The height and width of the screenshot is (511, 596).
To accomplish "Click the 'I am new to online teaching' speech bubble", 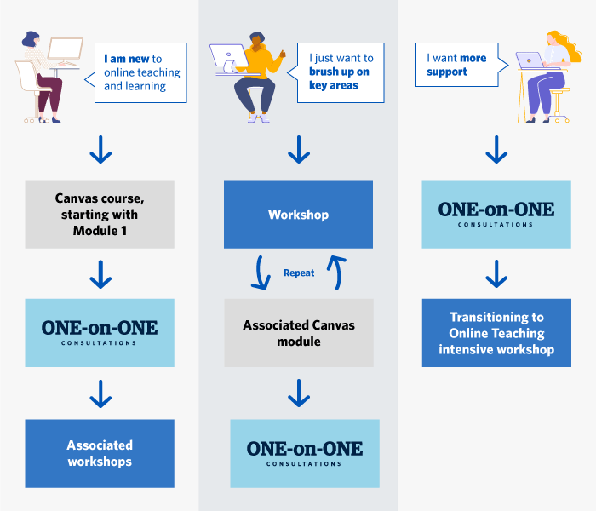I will click(140, 72).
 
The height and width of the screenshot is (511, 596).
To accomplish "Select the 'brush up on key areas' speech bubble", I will click(340, 72).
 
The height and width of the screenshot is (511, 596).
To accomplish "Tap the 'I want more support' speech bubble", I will click(460, 66).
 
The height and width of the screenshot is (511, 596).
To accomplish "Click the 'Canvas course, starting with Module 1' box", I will click(100, 215).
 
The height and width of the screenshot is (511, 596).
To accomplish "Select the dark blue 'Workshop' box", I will click(298, 215).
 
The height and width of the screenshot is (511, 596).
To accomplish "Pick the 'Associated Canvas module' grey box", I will click(298, 333).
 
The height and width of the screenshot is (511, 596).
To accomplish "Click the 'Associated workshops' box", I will click(100, 453).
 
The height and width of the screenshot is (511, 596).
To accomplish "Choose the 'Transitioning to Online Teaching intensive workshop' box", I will click(496, 333).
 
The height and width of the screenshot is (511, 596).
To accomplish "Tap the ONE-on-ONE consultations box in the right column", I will click(496, 215).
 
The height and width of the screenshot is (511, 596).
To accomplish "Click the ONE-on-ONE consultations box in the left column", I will click(100, 333).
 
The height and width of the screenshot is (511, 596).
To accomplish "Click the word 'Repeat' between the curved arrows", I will click(299, 273).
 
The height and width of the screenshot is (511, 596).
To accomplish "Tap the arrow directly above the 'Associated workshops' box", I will click(100, 393).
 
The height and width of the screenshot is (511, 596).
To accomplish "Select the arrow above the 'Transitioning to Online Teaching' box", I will click(496, 273).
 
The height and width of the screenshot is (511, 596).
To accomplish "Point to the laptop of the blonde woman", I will click(530, 60).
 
